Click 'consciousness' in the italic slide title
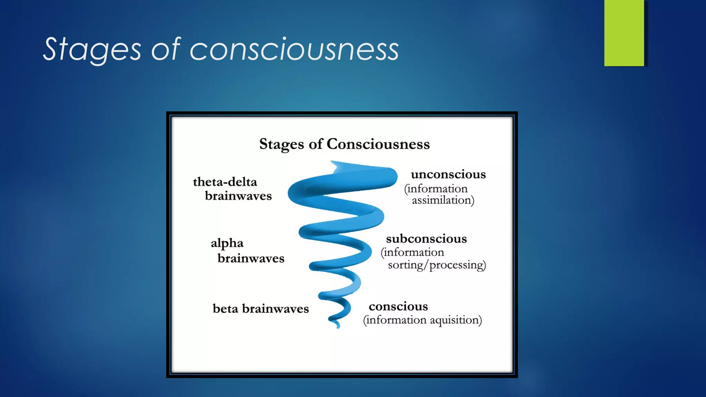[x=294, y=49]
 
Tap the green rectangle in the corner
[x=624, y=33]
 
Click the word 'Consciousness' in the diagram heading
[x=378, y=144]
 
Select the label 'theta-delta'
[x=225, y=182]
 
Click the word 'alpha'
[x=227, y=243]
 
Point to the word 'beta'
[x=225, y=309]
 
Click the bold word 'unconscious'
[x=448, y=174]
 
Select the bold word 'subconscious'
[x=426, y=239]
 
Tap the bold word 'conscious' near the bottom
[x=398, y=306]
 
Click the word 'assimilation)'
[x=443, y=200]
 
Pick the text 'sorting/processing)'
[x=437, y=265]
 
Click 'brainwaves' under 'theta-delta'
[x=238, y=196]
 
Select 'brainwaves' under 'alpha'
[x=251, y=258]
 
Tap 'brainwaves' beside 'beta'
[x=275, y=309]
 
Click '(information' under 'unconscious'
[x=436, y=189]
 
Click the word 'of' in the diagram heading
[x=315, y=144]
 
